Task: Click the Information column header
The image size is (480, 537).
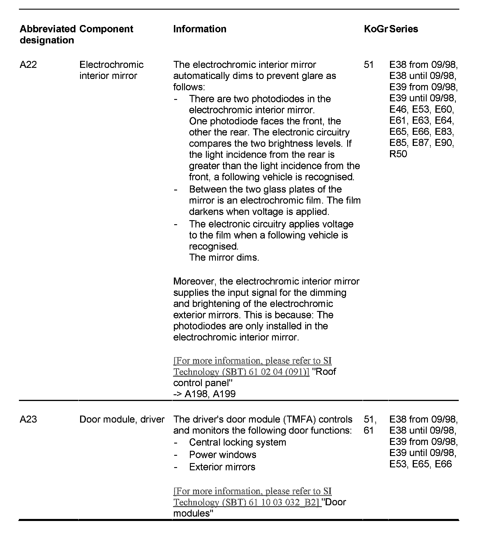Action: (x=200, y=29)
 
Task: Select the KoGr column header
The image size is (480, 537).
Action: (x=375, y=29)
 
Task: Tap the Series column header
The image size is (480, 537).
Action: (x=404, y=29)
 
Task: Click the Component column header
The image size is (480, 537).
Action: (x=106, y=29)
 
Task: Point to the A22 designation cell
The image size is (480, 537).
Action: (x=28, y=65)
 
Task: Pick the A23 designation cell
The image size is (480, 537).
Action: (x=28, y=419)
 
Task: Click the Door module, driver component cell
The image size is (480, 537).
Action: (x=122, y=419)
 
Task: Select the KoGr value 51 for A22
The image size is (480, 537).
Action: (x=368, y=65)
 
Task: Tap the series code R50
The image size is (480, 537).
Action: (x=398, y=154)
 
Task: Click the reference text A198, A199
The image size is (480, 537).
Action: (x=210, y=394)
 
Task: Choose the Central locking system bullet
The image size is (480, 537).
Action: (x=237, y=442)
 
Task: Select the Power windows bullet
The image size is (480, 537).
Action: (x=223, y=455)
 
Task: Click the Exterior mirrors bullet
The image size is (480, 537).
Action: (x=222, y=467)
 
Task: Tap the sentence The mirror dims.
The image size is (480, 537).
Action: (x=224, y=258)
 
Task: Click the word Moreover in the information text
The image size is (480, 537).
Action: (x=195, y=281)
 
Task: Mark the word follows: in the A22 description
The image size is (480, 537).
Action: (x=189, y=87)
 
